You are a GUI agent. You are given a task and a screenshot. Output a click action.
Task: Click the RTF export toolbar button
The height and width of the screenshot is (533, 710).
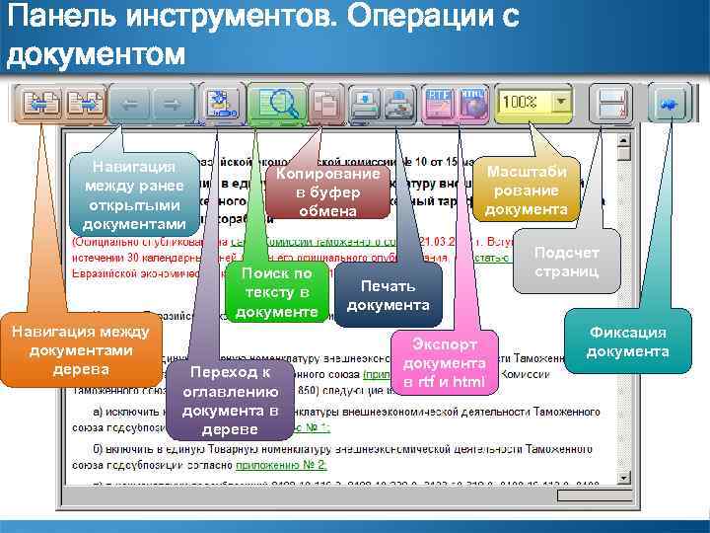tap(439, 102)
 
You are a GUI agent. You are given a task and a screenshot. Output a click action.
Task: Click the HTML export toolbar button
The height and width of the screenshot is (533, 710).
tap(472, 102)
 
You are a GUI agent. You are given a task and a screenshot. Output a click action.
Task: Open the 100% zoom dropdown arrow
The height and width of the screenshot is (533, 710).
tap(561, 102)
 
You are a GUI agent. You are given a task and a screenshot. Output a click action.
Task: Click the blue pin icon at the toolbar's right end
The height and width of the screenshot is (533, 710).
tap(668, 103)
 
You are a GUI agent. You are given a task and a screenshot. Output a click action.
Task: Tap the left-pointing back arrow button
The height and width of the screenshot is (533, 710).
tap(132, 102)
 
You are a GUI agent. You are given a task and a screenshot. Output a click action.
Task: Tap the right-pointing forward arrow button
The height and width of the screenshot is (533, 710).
tap(170, 102)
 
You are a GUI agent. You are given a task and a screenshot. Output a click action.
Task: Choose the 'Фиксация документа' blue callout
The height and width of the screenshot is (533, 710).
tap(628, 343)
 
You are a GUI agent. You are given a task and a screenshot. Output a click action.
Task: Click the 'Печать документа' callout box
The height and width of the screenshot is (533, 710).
tap(388, 295)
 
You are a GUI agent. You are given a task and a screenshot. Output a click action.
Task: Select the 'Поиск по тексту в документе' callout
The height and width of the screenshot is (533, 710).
tap(277, 293)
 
